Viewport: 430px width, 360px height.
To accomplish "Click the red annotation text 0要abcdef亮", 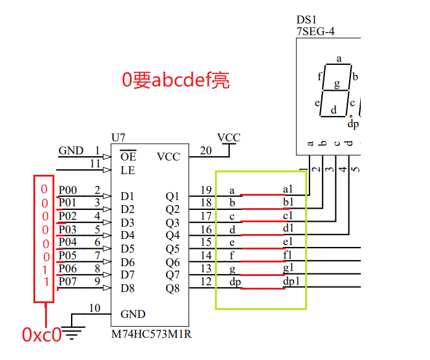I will pyautogui.click(x=175, y=80).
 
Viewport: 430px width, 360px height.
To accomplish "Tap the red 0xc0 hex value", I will pyautogui.click(x=41, y=335).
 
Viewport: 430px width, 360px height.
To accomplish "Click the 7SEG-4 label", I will pyautogui.click(x=315, y=31).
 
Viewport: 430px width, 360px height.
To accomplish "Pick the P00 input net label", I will pyautogui.click(x=67, y=190).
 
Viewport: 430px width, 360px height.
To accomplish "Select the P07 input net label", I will pyautogui.click(x=67, y=282).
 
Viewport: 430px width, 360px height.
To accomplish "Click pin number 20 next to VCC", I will pyautogui.click(x=206, y=151).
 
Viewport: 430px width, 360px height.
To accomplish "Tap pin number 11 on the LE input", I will pyautogui.click(x=95, y=164).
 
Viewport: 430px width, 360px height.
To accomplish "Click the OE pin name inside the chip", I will pyautogui.click(x=128, y=157).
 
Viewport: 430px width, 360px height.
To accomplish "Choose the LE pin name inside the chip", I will pyautogui.click(x=127, y=170).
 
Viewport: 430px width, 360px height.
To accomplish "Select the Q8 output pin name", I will pyautogui.click(x=172, y=288).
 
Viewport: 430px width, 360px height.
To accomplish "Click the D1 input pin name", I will pyautogui.click(x=127, y=196).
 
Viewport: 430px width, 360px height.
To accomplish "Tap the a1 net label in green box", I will pyautogui.click(x=287, y=189).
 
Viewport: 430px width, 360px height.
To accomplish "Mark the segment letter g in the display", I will pyautogui.click(x=337, y=83).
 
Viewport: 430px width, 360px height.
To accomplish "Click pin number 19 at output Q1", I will pyautogui.click(x=206, y=190).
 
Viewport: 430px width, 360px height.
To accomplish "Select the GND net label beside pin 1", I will pyautogui.click(x=70, y=151).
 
